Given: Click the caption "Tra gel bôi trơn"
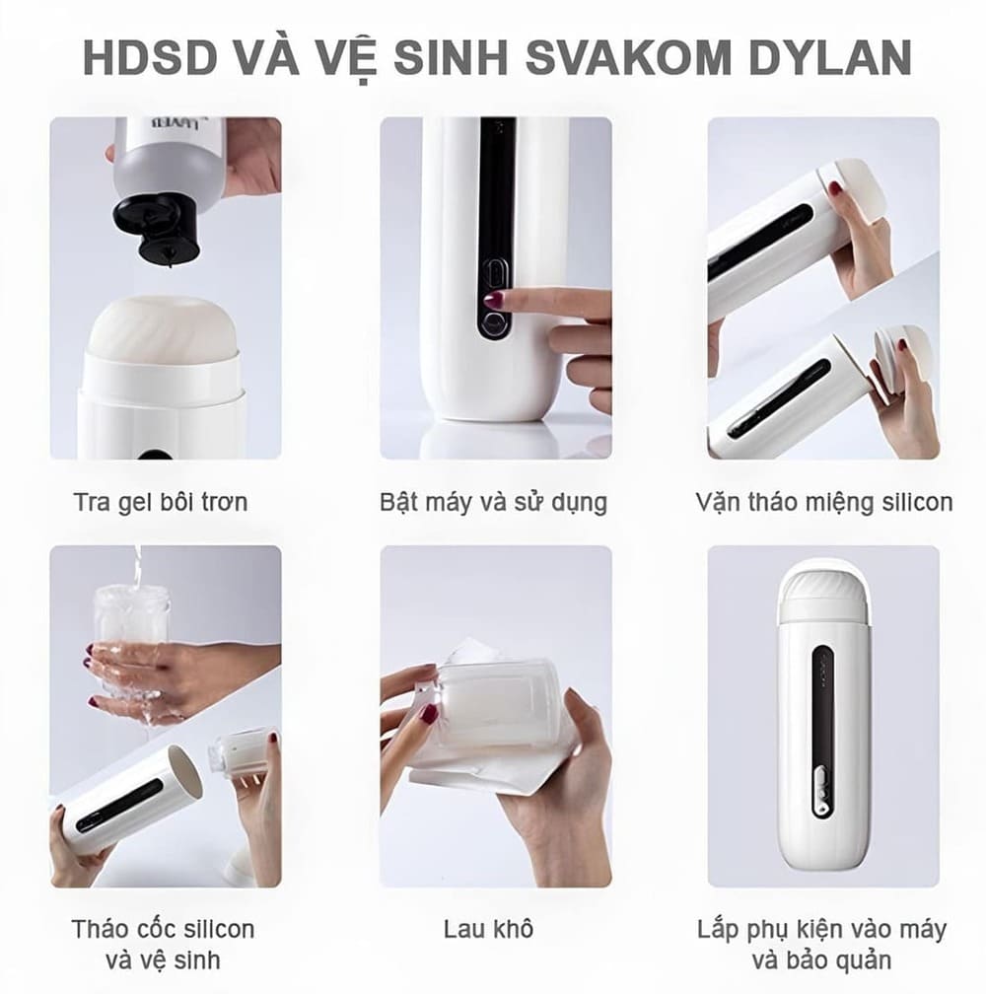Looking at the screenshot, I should click(160, 502).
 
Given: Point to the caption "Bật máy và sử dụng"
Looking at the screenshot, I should click(493, 502).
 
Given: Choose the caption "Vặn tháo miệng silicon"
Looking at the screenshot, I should click(823, 502).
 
